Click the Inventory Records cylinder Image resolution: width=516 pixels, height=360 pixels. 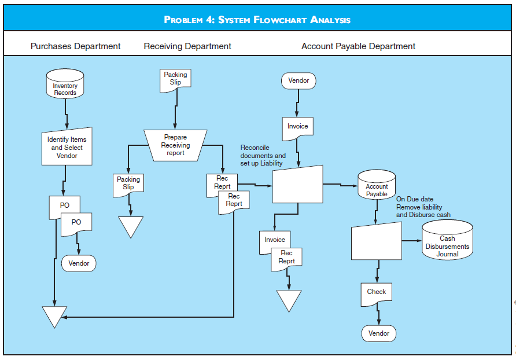click(65, 85)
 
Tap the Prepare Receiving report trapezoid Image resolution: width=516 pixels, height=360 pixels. click(175, 145)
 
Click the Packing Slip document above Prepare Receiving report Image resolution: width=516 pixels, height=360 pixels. click(175, 80)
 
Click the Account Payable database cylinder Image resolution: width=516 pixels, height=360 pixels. click(377, 185)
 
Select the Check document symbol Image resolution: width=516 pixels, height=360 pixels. click(376, 292)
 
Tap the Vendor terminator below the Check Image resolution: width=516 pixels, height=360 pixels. click(379, 333)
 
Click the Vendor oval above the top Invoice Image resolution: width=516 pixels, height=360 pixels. click(298, 81)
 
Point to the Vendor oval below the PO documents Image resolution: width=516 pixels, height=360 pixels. click(79, 263)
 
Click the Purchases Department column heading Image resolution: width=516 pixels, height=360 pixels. click(75, 46)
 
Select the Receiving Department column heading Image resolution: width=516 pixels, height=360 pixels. click(187, 46)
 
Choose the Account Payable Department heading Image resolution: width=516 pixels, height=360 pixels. click(358, 46)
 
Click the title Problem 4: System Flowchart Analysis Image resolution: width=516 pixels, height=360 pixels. click(257, 20)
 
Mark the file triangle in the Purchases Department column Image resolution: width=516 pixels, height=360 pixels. click(55, 315)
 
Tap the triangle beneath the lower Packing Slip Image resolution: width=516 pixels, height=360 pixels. click(131, 225)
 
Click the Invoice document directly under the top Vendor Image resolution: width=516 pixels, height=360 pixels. click(298, 128)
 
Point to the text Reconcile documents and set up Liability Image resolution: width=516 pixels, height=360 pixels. click(263, 156)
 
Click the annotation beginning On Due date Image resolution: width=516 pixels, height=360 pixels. click(423, 207)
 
